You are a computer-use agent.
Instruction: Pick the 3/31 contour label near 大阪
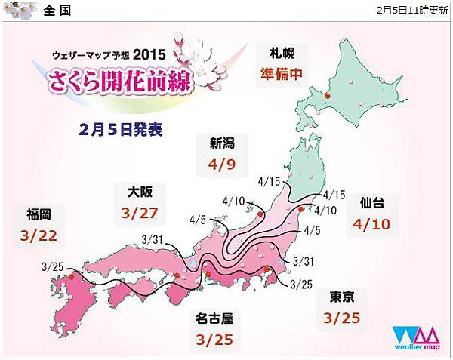tap(152, 240)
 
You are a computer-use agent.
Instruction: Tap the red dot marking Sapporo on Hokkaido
tap(326, 95)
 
